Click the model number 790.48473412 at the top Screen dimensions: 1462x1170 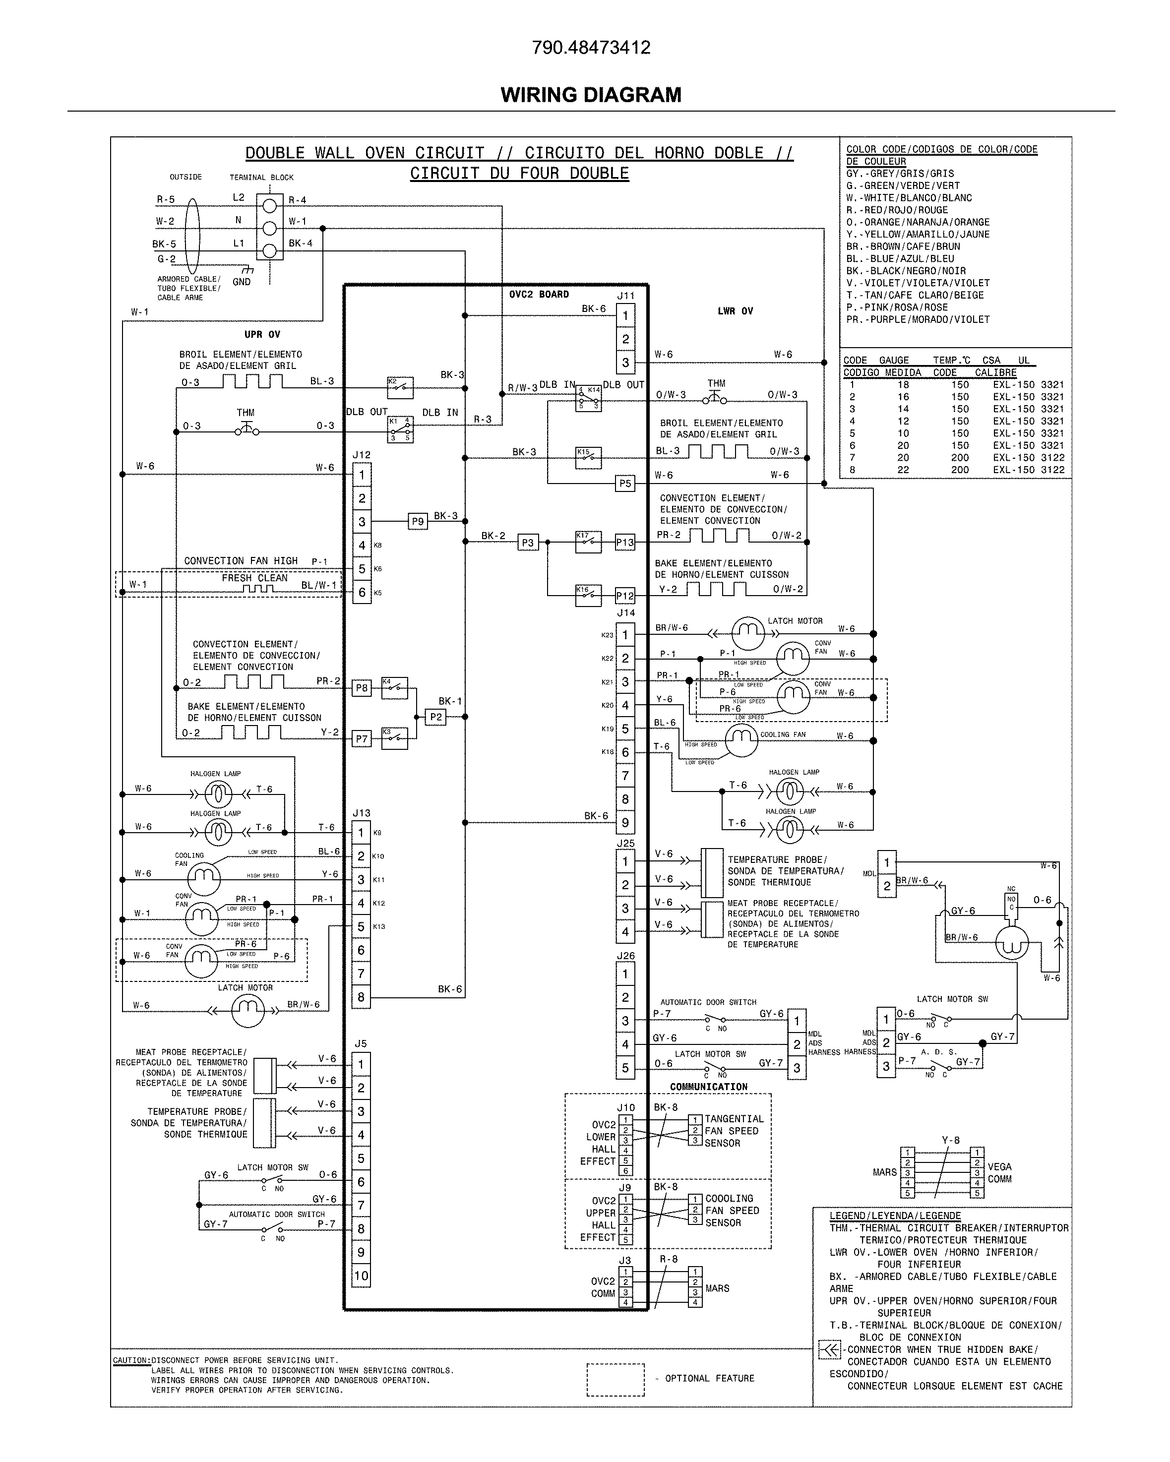click(x=591, y=48)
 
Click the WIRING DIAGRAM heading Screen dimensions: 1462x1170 click(x=591, y=94)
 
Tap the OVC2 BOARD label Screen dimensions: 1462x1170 click(x=539, y=294)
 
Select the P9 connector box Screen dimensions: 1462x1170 click(x=418, y=521)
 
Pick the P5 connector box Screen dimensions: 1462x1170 click(x=625, y=484)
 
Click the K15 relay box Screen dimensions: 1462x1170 click(x=587, y=458)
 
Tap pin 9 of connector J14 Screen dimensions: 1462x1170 click(x=625, y=823)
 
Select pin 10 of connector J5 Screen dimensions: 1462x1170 click(x=361, y=1276)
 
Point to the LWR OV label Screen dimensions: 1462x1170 click(x=735, y=311)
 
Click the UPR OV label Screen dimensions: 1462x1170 click(x=262, y=334)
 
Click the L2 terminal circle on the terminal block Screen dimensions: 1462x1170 click(x=269, y=204)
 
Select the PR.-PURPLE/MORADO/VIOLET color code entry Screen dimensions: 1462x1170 click(x=918, y=319)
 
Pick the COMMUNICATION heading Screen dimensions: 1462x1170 click(x=708, y=1086)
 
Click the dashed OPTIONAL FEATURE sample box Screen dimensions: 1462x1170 click(x=615, y=1379)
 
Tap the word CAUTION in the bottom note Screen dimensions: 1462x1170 click(x=130, y=1360)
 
